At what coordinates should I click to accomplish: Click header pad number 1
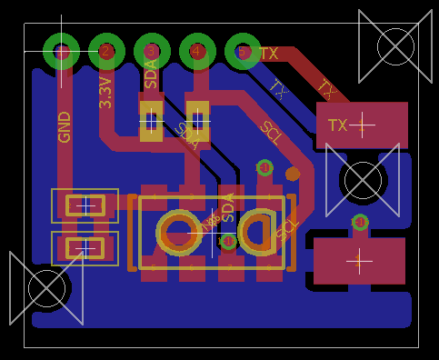62,52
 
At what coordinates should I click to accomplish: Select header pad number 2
106,52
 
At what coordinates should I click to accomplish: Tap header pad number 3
152,52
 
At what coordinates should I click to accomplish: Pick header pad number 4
197,52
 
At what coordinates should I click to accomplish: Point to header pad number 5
243,52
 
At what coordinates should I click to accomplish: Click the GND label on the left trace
65,127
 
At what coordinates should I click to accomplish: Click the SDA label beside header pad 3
151,74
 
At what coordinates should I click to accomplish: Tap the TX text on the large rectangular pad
338,125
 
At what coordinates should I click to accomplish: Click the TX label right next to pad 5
269,54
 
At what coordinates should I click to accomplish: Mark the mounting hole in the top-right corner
395,45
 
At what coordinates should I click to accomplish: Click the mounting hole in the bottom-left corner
46,288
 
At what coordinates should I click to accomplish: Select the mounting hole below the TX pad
364,180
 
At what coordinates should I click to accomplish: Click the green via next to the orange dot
264,167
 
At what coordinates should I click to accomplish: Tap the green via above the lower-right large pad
360,222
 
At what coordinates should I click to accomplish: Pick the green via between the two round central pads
228,241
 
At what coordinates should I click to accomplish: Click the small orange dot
293,174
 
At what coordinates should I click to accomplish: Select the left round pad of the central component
180,232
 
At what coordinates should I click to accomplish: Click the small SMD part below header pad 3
151,119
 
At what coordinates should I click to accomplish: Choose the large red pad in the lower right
359,261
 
